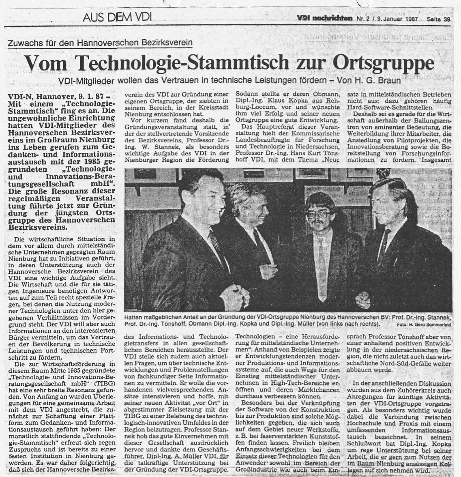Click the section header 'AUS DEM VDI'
[117, 17]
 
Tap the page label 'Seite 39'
[438, 19]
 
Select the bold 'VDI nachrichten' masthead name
[324, 19]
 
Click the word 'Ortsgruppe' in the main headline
[383, 62]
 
